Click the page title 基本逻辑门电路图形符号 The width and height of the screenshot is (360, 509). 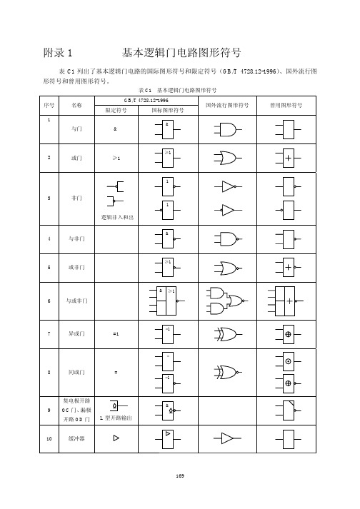tap(181, 53)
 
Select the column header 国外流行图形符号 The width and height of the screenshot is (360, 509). tap(226, 105)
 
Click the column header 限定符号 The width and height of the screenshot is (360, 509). tap(116, 111)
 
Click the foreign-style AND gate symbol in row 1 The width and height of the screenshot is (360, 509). tap(226, 131)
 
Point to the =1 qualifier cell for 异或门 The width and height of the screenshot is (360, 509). tap(116, 333)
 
